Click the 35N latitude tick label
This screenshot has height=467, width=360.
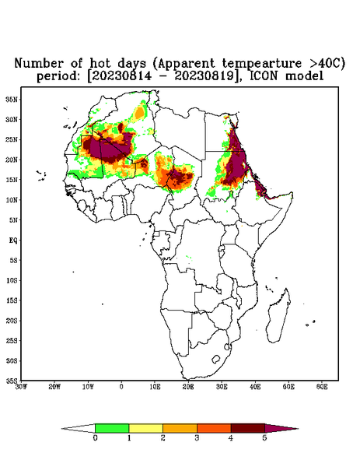(x=12, y=100)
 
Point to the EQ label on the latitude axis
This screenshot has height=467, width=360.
(x=12, y=240)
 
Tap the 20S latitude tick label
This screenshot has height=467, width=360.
(x=12, y=321)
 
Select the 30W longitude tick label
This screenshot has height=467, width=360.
(x=21, y=387)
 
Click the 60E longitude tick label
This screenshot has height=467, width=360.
(x=322, y=387)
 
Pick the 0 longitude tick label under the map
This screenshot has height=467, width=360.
(x=121, y=387)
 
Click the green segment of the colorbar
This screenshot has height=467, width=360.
(x=112, y=428)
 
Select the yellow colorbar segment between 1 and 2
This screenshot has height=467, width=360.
(x=145, y=428)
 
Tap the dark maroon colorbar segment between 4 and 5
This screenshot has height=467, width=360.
(x=248, y=428)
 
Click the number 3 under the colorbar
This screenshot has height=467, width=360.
(x=197, y=438)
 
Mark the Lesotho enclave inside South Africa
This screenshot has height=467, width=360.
(x=215, y=360)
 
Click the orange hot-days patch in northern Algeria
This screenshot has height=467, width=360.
(x=139, y=113)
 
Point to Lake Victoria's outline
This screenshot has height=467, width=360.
(x=222, y=249)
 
